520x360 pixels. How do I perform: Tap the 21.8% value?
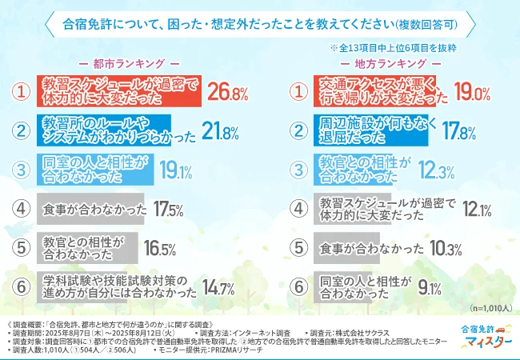pyautogui.click(x=222, y=131)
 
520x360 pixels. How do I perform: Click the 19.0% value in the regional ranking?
pyautogui.click(x=472, y=93)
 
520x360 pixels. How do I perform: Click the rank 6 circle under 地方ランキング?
pyautogui.click(x=298, y=286)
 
